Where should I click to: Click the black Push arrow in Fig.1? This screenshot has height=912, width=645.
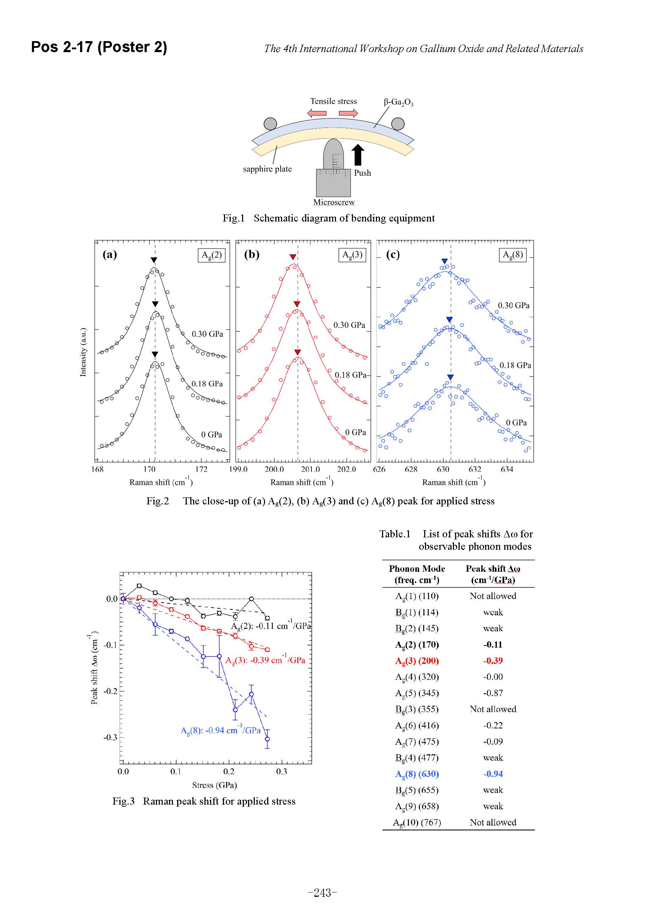click(358, 155)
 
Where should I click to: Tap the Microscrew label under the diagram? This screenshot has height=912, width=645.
click(333, 202)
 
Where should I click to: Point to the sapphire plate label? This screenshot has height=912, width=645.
click(267, 169)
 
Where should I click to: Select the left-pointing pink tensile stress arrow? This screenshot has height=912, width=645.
click(317, 113)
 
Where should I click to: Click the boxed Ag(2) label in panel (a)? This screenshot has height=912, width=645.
click(211, 255)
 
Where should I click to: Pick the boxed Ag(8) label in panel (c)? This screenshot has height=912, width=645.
click(512, 255)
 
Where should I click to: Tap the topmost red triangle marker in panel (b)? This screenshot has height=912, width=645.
click(293, 257)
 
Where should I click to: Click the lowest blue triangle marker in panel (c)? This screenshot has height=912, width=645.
click(450, 377)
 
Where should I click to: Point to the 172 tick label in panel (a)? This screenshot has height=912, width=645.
click(201, 469)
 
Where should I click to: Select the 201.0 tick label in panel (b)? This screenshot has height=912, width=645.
click(310, 469)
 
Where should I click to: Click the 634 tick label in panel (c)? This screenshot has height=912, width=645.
click(507, 469)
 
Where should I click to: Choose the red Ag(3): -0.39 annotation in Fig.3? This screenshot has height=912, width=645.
click(265, 660)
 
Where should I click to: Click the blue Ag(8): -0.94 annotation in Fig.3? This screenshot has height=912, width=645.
click(220, 730)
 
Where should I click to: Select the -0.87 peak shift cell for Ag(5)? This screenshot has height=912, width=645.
click(493, 693)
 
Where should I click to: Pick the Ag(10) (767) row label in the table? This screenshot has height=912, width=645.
click(417, 822)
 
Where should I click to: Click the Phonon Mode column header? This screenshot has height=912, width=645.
click(417, 574)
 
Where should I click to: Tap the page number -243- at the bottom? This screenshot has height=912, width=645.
click(322, 893)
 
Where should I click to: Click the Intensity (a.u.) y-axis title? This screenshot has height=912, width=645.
click(83, 352)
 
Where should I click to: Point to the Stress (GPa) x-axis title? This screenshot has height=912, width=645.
click(214, 785)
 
